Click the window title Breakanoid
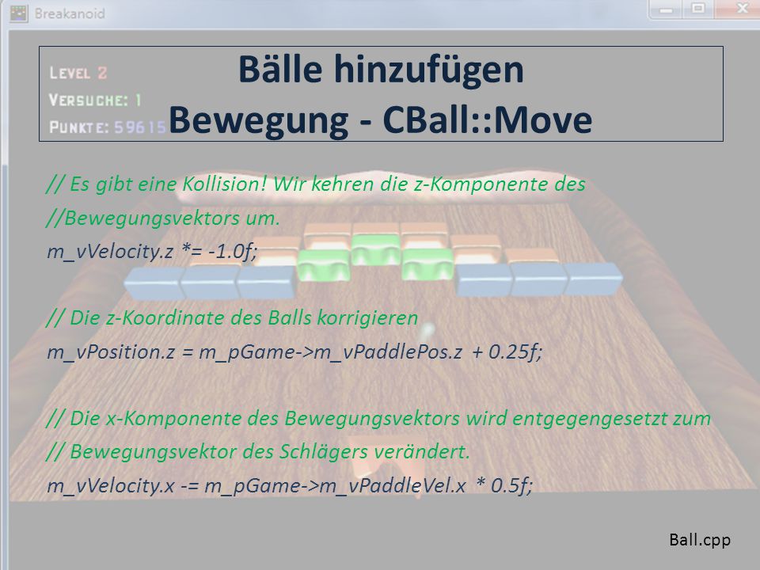point(70,13)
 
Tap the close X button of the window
point(742,9)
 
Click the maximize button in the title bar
point(698,9)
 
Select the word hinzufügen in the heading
point(428,70)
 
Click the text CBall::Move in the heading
point(487,120)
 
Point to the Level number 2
point(102,73)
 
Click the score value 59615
point(140,127)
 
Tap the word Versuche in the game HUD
point(88,100)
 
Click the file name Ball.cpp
point(699,539)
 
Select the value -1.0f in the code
point(233,251)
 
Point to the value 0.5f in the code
point(512,485)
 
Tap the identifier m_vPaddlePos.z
point(388,351)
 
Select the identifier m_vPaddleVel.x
point(393,485)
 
